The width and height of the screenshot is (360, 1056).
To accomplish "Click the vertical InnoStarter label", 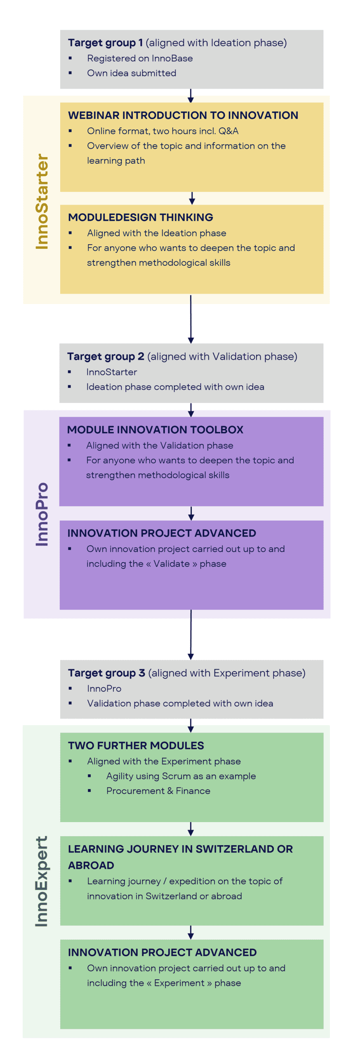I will click(42, 201).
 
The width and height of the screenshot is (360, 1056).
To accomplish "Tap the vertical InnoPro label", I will click(42, 514).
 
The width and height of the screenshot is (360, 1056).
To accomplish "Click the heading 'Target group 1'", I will click(105, 43).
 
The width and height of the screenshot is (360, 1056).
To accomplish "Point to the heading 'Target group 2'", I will click(106, 356).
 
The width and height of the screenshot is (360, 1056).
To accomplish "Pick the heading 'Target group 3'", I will click(106, 673).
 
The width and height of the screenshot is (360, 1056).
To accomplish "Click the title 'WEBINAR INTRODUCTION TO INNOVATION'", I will click(183, 115).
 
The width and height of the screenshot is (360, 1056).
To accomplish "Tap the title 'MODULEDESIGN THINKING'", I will click(141, 217).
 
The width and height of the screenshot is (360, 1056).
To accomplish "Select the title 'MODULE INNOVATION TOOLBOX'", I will click(155, 430).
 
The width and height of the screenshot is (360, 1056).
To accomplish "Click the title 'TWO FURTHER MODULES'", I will click(136, 745).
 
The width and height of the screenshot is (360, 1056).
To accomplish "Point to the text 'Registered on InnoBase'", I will click(140, 59).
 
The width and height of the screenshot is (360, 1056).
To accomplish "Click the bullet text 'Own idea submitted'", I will click(132, 73).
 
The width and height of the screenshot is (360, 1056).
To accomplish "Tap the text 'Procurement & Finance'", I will click(158, 791).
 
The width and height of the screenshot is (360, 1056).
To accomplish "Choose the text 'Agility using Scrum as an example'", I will click(181, 776).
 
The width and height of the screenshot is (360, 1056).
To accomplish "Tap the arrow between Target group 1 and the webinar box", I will click(191, 95).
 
